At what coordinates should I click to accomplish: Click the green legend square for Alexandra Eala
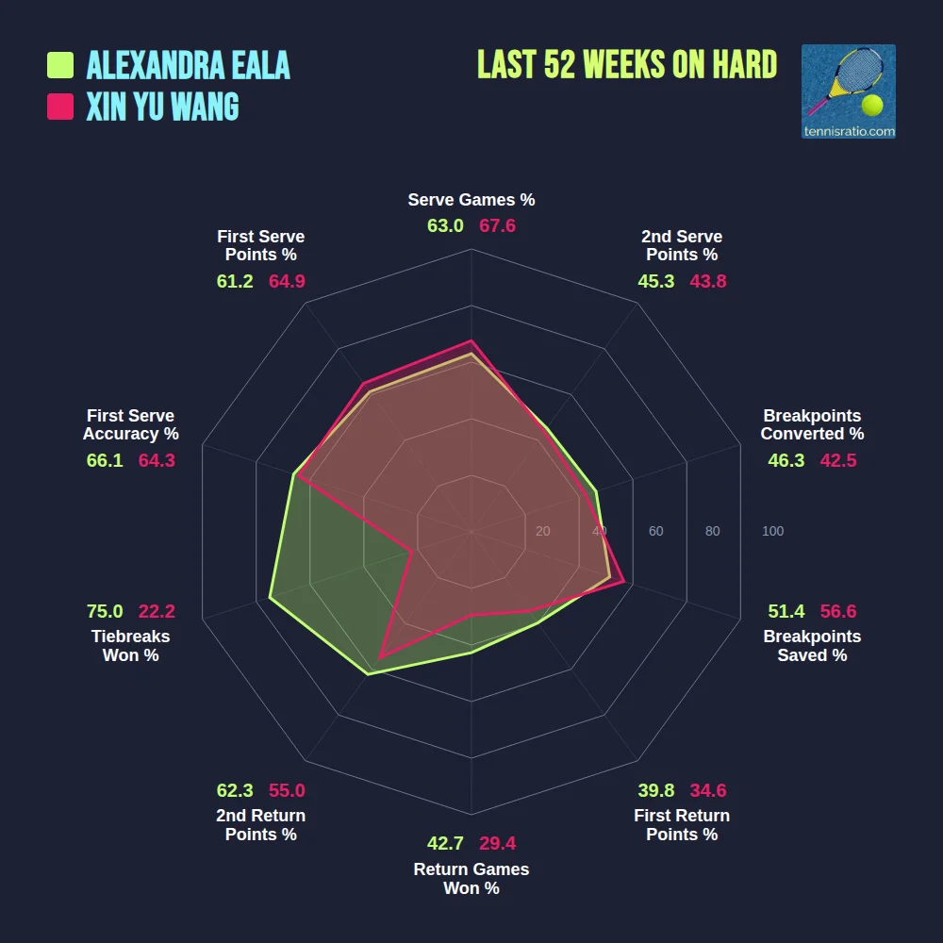(x=60, y=65)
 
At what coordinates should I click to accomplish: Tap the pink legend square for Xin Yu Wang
(x=60, y=107)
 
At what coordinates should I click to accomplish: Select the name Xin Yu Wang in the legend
(x=162, y=107)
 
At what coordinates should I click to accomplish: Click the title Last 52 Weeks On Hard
(x=627, y=65)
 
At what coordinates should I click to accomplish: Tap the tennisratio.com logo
(x=848, y=91)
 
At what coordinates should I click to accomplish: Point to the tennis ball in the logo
(x=872, y=104)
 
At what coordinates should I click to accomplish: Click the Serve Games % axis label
(x=471, y=200)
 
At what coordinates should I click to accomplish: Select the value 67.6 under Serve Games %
(x=497, y=226)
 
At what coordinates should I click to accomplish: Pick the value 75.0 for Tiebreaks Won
(x=105, y=611)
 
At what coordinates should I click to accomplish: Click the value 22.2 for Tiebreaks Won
(x=157, y=611)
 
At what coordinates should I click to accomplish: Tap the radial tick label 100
(x=772, y=532)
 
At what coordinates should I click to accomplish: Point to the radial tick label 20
(x=542, y=532)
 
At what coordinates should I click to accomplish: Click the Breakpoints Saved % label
(x=812, y=646)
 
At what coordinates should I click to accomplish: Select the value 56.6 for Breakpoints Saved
(x=838, y=611)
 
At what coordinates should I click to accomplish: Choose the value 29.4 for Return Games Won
(x=497, y=843)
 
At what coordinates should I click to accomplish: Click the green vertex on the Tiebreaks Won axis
(x=270, y=597)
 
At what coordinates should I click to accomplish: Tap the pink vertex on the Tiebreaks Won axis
(x=412, y=551)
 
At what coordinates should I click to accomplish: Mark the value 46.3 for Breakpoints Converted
(x=786, y=460)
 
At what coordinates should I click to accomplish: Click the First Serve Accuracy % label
(x=130, y=424)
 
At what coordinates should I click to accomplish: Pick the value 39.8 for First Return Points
(x=655, y=790)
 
